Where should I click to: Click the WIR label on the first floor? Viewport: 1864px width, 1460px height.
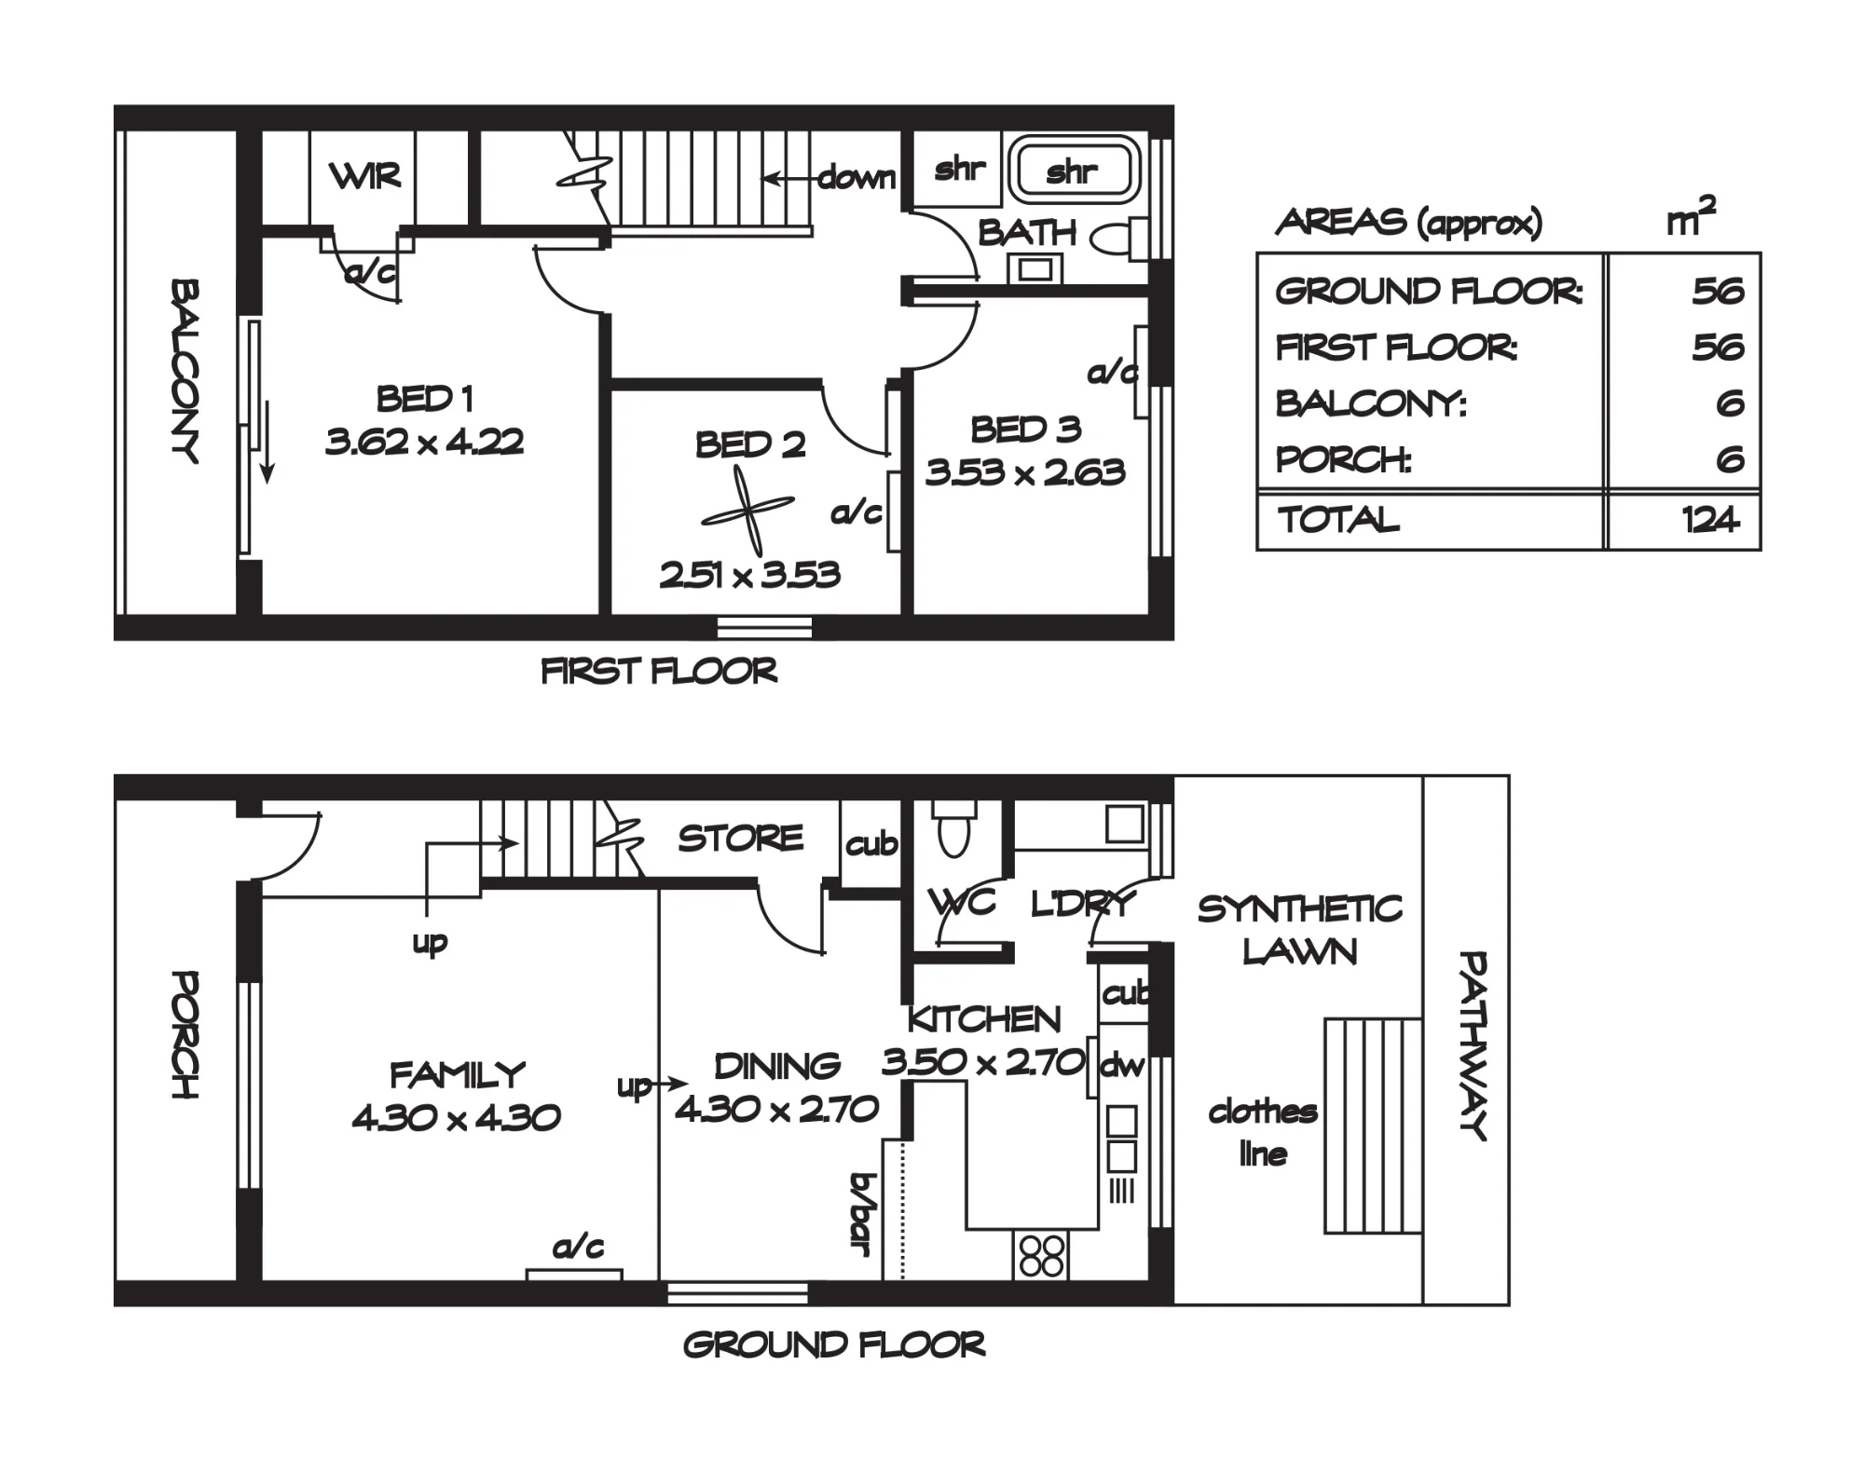coord(365,175)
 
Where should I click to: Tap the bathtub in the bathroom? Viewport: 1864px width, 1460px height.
coord(1076,170)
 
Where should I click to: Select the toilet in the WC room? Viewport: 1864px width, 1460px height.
coord(953,831)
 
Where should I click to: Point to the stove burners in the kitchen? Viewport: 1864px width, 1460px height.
coord(1041,1254)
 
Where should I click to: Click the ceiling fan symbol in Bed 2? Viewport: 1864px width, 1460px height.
coord(747,511)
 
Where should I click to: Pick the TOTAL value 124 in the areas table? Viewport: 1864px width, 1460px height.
coord(1710,519)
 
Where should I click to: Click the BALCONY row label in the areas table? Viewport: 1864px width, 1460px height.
coord(1371,403)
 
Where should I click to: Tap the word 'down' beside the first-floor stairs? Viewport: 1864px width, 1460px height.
coord(857,176)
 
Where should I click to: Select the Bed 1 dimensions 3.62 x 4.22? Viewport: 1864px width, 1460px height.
coord(425,441)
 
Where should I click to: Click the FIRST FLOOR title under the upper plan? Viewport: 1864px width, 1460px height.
coord(659,671)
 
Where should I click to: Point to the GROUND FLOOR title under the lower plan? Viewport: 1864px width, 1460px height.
coord(834,1344)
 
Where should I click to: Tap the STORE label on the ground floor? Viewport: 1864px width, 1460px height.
coord(740,839)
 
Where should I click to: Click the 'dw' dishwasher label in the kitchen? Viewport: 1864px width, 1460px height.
coord(1121,1065)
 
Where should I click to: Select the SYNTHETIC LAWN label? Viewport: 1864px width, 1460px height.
coord(1300,930)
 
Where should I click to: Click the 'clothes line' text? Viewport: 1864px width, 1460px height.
coord(1263,1132)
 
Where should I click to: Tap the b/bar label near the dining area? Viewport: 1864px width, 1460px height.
coord(861,1213)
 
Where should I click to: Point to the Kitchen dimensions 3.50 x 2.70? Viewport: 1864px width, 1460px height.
coord(983,1062)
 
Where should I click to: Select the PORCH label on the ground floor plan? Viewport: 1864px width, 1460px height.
coord(185,1034)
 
